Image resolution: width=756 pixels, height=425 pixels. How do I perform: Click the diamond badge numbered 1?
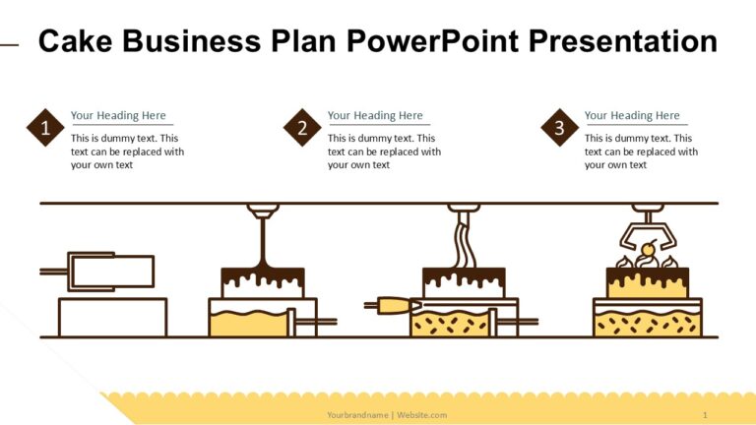point(45,128)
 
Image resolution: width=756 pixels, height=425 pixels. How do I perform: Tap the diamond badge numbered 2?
point(302,128)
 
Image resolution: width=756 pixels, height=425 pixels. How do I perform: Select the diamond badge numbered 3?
point(559,128)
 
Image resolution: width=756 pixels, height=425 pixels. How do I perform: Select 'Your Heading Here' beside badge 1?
point(118,115)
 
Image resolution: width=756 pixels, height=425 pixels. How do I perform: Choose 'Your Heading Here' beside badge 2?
point(375,115)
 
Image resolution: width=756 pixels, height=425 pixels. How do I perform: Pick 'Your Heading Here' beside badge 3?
point(632,115)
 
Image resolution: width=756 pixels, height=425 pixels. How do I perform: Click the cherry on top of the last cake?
point(648,247)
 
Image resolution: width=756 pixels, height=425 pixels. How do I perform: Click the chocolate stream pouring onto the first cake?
point(263,241)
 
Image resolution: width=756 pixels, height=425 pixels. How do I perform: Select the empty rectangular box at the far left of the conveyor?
point(112,317)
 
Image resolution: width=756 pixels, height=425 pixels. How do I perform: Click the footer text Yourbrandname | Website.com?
point(387,414)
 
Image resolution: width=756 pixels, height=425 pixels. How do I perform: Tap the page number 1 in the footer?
point(705,414)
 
